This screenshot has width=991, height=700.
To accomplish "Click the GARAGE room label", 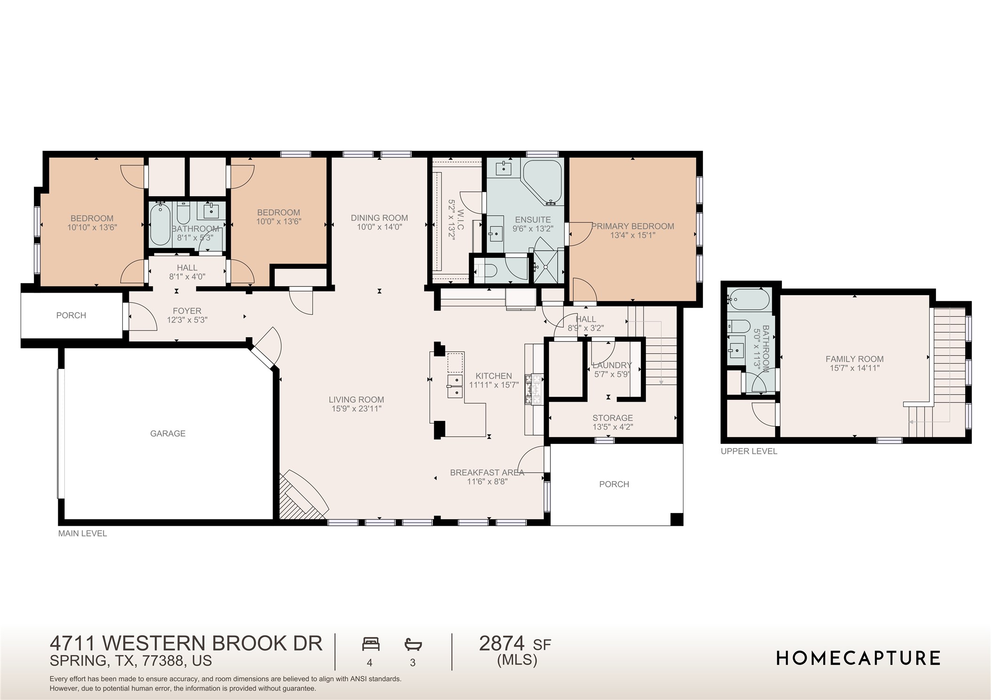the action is click(x=168, y=434).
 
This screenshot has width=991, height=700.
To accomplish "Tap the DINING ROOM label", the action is click(x=379, y=218).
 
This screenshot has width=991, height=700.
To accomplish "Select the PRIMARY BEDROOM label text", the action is click(x=633, y=226).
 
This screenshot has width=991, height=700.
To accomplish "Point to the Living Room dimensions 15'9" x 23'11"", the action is click(x=356, y=409).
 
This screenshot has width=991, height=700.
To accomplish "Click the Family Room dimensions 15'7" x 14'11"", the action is click(x=855, y=368).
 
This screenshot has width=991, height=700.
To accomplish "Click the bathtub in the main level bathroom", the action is click(x=160, y=224).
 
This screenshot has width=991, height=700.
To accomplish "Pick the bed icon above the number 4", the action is click(x=370, y=644).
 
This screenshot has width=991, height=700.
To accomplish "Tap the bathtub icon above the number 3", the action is click(x=413, y=644).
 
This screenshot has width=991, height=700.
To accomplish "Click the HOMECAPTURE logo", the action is click(x=858, y=658).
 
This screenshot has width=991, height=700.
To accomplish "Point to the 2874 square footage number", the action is click(x=502, y=643).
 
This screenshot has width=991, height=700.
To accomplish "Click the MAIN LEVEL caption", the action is click(x=83, y=533).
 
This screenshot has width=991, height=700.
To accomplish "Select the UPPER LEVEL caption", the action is click(x=749, y=451).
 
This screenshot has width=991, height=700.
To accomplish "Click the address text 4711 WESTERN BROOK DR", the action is click(x=186, y=643).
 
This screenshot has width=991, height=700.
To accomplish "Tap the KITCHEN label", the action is click(x=494, y=376).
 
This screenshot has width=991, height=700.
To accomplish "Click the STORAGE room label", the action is click(x=613, y=418).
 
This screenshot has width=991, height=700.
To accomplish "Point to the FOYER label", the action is click(x=187, y=311).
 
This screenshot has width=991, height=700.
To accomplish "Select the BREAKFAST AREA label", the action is click(x=487, y=473).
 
